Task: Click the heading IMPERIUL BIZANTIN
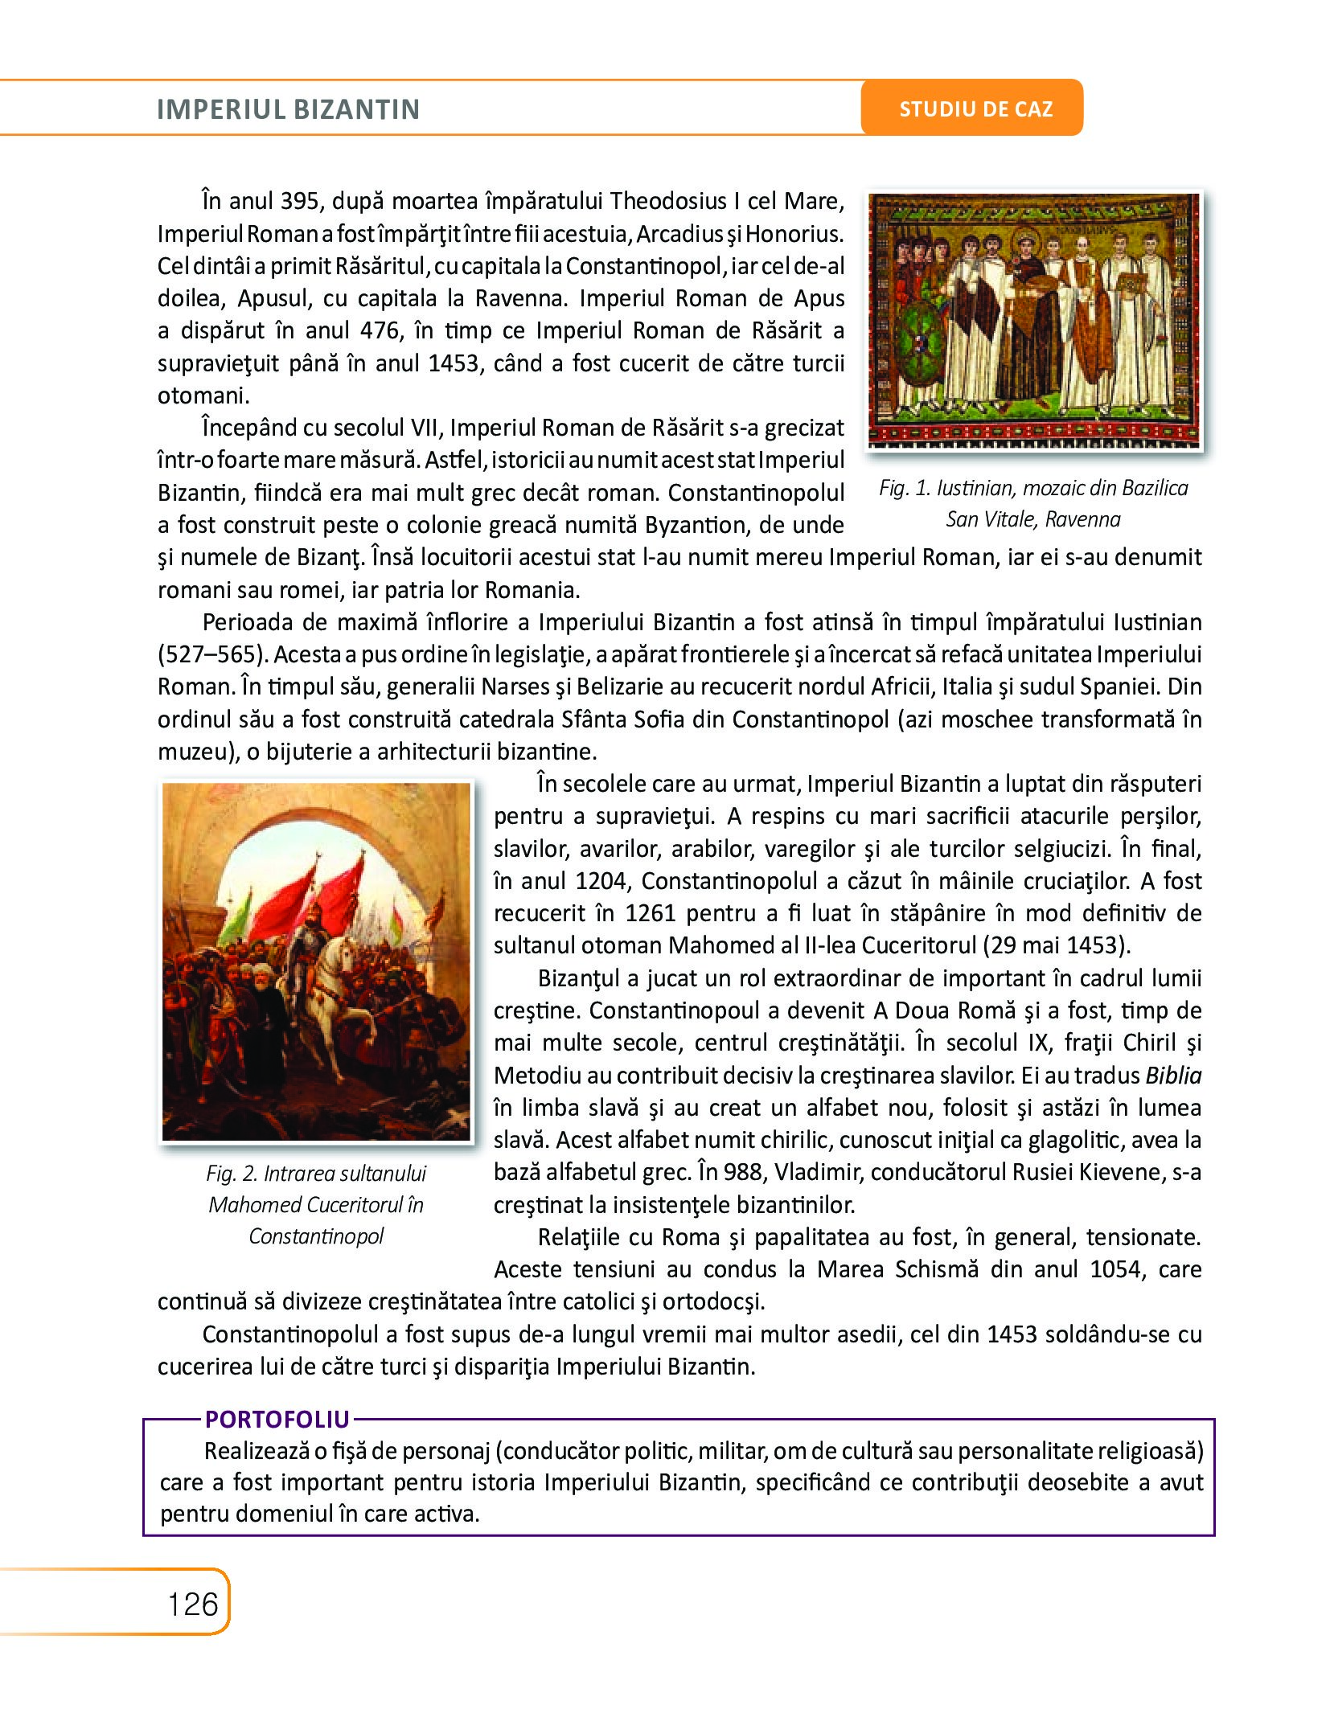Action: click(x=288, y=109)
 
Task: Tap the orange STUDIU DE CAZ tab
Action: click(x=975, y=109)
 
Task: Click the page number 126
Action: click(x=193, y=1604)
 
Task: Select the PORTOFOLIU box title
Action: click(x=277, y=1420)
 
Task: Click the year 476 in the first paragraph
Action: click(x=380, y=330)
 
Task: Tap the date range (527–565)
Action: click(x=211, y=654)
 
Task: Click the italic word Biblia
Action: click(x=1173, y=1076)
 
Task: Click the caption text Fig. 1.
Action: click(x=905, y=488)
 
